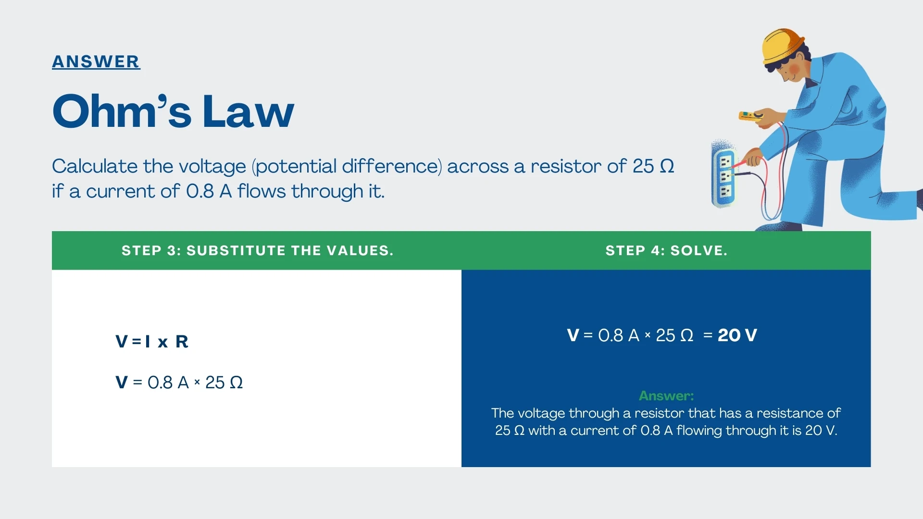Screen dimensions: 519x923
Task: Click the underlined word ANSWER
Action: coord(96,62)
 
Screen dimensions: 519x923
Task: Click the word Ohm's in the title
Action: coord(122,111)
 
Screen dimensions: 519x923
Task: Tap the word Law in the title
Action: coord(248,111)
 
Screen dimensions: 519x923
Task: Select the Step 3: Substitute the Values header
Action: coord(257,250)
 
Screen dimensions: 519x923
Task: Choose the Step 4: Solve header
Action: coord(666,250)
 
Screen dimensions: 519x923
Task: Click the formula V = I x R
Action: coord(152,342)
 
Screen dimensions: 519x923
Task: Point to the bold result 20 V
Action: coord(737,335)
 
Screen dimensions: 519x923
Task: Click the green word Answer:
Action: coord(666,395)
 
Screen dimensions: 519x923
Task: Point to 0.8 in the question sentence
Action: coord(200,191)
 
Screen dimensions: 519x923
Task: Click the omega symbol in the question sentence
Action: coord(667,166)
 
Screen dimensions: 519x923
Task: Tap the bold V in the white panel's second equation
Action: coord(122,383)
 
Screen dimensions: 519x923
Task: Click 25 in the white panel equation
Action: coord(215,383)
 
